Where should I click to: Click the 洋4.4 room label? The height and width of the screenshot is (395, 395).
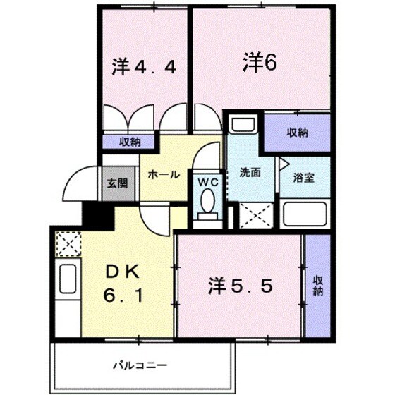point(148,69)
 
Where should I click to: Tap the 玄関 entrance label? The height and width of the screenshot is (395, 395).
point(117,183)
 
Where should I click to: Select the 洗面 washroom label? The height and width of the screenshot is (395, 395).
point(250,171)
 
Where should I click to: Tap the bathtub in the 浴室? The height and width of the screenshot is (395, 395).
point(305,213)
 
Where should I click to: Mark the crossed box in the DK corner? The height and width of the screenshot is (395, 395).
point(68,245)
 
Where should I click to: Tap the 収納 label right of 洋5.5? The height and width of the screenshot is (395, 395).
point(317,281)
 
